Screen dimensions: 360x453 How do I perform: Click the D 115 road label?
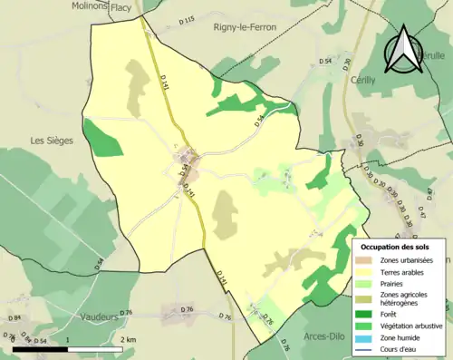[187, 20]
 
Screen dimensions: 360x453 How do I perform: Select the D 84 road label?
[14, 318]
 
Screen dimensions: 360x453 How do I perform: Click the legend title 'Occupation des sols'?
[395, 246]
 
